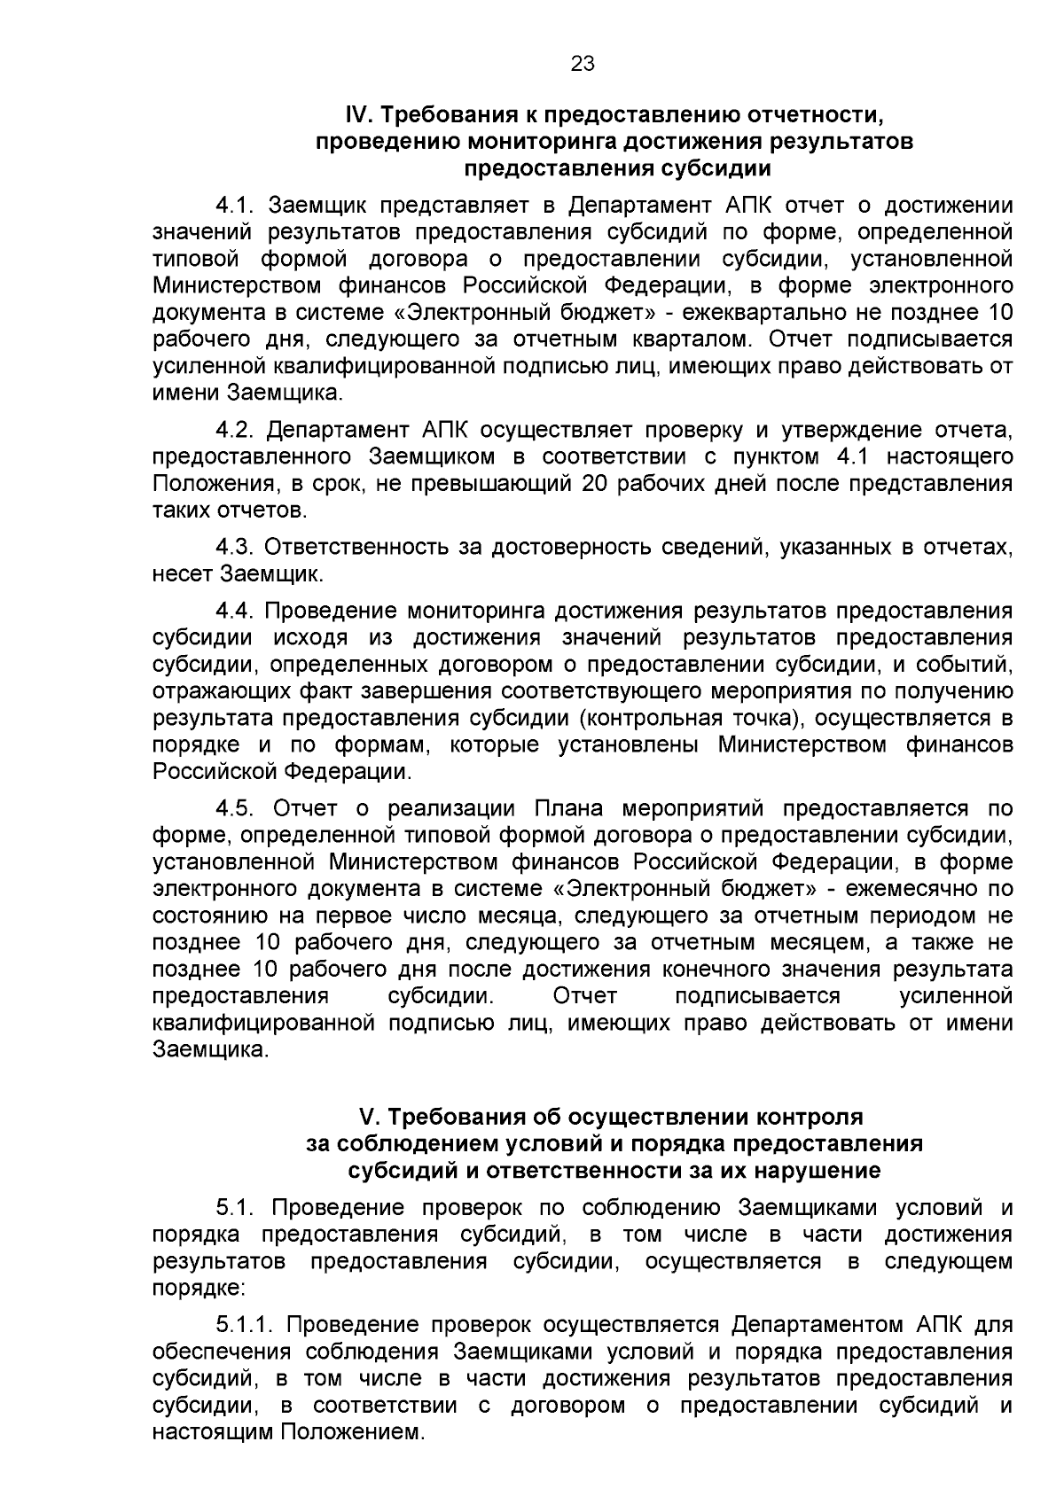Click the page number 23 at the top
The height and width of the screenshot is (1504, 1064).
[x=583, y=63]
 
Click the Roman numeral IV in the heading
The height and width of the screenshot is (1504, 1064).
[x=355, y=115]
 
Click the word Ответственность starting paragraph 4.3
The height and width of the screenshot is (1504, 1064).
[x=356, y=548]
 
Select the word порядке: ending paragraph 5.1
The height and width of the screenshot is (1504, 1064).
[x=192, y=1288]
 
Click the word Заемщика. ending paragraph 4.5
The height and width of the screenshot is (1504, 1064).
[x=210, y=1050]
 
